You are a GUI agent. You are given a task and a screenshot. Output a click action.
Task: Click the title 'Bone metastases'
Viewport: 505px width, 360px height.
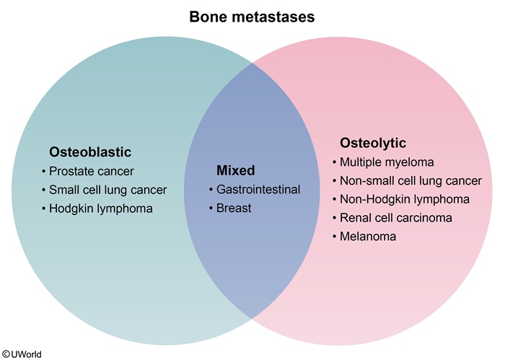pos(252,17)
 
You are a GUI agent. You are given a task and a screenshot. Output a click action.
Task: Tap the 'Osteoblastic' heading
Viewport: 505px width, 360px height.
pos(90,152)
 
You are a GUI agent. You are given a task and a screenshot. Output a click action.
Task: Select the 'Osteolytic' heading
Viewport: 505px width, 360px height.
pos(373,143)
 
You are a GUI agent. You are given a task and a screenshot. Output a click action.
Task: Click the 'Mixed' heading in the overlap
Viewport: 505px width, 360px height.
pos(236,171)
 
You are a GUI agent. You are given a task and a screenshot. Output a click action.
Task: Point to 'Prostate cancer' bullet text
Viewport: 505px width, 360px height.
pos(92,171)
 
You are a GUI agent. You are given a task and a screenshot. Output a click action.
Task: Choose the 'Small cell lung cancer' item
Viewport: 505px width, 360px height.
pos(107,190)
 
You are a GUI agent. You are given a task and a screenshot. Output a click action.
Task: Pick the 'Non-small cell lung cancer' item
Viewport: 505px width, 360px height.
pos(410,180)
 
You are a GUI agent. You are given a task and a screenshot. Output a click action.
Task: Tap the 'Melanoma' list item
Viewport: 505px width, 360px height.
pos(368,236)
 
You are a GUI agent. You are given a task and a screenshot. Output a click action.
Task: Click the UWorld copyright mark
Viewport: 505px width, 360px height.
pos(21,354)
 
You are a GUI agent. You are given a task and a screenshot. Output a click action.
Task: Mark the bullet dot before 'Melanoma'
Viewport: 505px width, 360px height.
pos(335,237)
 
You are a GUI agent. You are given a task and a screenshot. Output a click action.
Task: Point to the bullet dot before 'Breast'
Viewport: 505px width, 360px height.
pos(211,209)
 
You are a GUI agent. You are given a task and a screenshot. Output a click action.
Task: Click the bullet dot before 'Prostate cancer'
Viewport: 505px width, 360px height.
pos(45,172)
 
